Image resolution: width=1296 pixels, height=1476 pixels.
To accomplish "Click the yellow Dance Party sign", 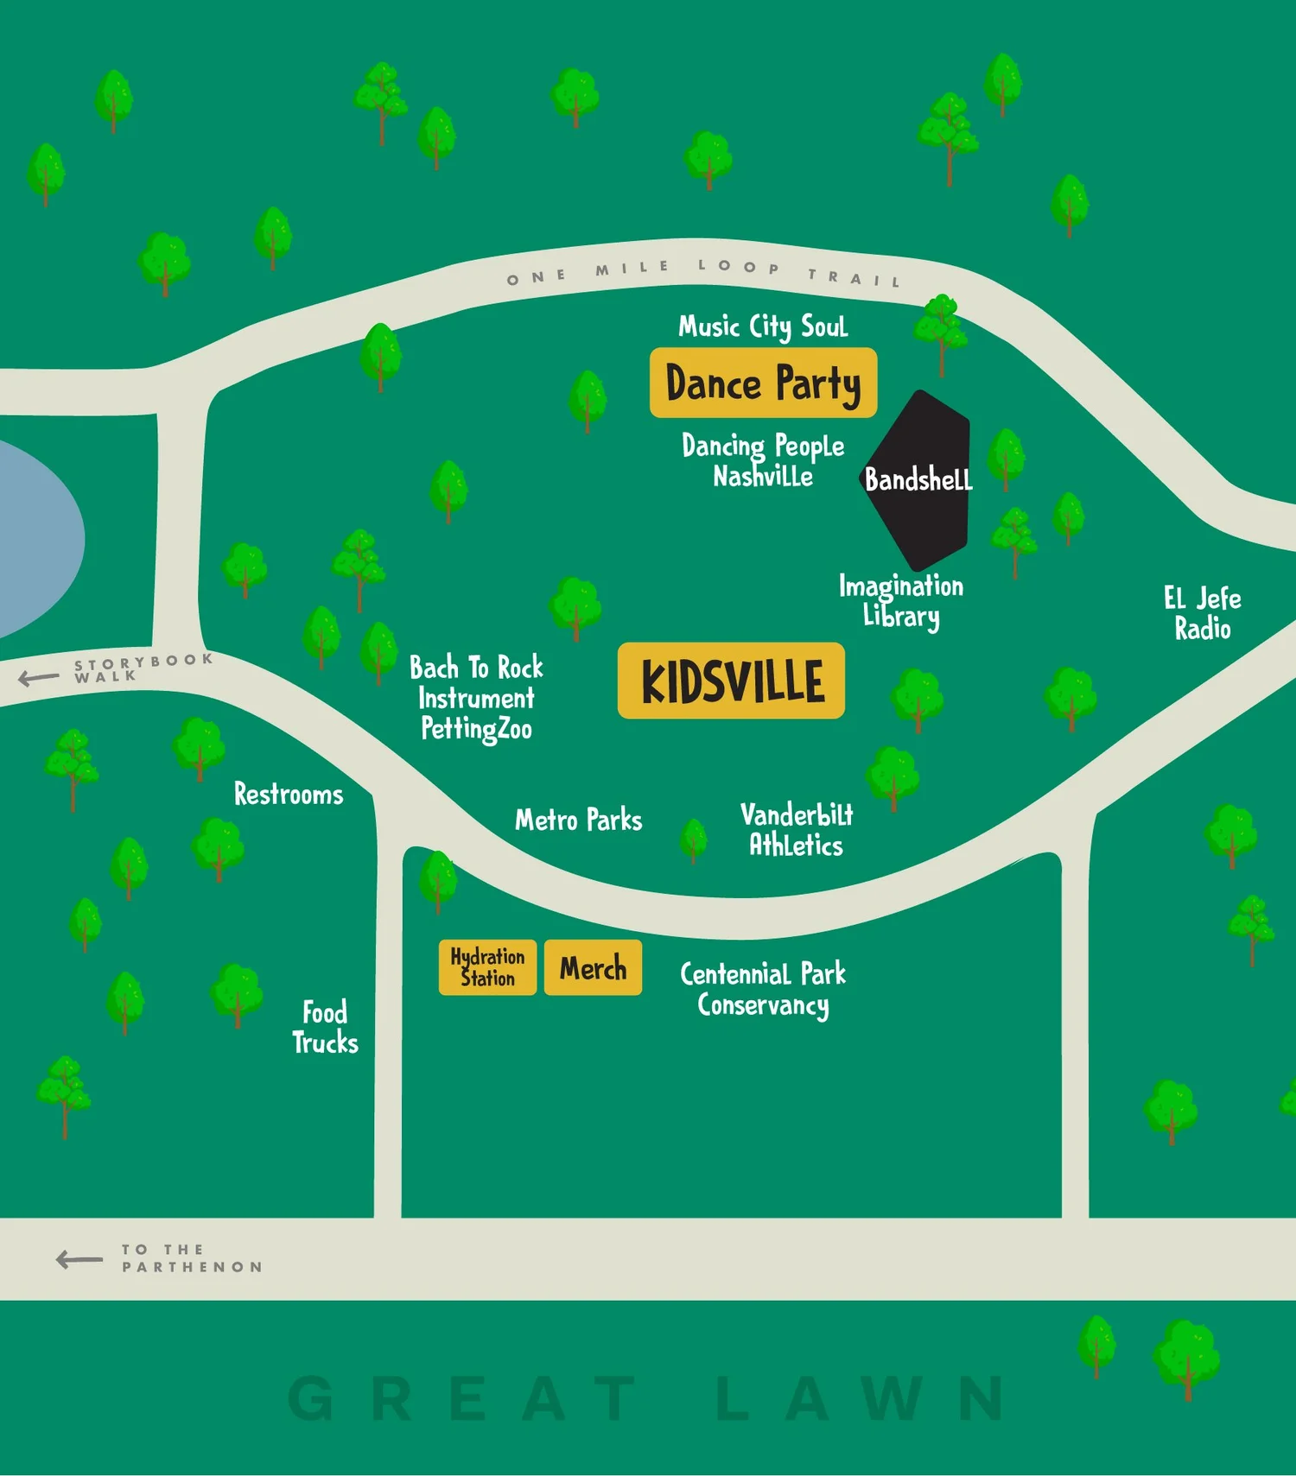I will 763,383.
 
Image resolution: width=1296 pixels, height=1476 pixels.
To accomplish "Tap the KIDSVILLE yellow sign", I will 731,681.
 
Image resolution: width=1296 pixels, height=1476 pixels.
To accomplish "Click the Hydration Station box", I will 487,967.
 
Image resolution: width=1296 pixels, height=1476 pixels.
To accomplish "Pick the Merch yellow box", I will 593,967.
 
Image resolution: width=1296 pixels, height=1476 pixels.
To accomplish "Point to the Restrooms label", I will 289,795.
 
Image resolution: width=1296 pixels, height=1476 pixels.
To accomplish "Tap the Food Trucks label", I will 325,1028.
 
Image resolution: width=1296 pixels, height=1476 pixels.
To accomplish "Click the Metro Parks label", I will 578,820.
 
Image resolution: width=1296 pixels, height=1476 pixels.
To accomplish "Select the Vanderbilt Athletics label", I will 796,830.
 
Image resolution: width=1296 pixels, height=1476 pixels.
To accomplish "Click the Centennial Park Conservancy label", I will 763,990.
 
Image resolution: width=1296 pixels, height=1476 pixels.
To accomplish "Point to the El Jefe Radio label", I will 1202,613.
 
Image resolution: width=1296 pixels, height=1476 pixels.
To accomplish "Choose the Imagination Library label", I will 900,601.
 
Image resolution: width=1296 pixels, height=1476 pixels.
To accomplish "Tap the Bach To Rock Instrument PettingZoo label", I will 476,698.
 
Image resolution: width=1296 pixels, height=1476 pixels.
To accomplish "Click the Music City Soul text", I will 763,326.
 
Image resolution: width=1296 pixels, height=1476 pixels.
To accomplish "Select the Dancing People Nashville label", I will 763,461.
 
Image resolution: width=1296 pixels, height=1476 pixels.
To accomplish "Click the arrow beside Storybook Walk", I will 39,678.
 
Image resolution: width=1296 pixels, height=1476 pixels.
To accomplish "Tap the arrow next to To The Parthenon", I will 79,1259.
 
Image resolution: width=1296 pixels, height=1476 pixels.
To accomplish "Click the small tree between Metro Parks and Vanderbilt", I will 693,839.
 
